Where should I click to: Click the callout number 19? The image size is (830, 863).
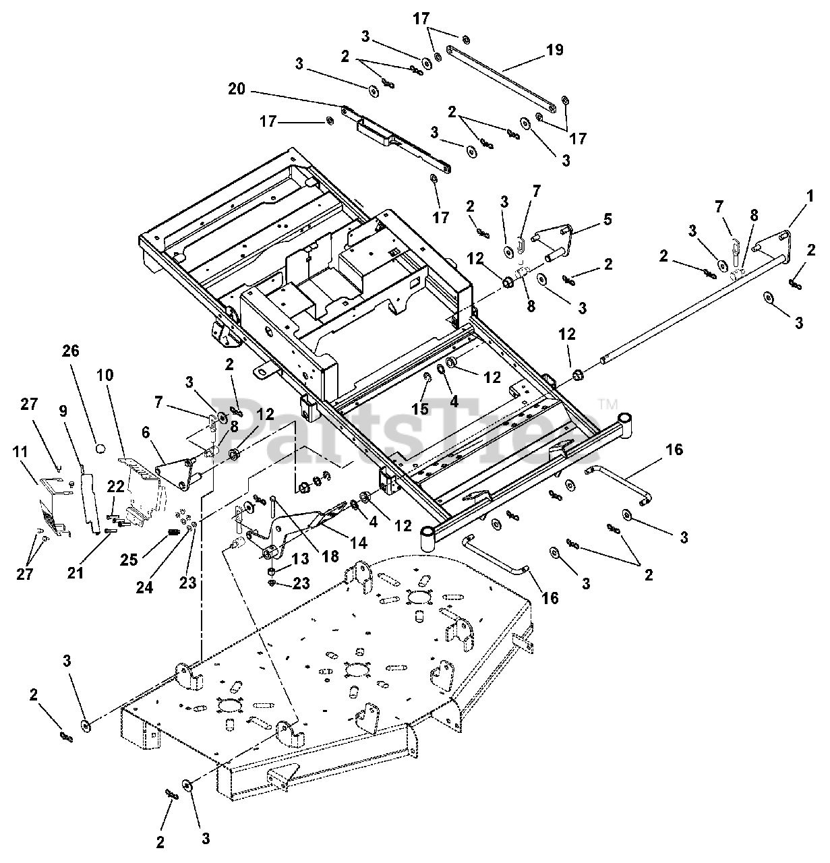point(554,49)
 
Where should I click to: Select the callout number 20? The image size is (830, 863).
point(237,89)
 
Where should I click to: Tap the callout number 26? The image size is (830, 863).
point(71,351)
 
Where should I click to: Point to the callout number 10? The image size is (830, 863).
point(105,375)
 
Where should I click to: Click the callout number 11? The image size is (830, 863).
point(20,452)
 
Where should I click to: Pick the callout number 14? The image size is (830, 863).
point(359,542)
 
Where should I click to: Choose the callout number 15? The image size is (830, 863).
point(420,409)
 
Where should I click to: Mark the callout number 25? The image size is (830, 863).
point(129,560)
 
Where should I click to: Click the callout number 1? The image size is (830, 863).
point(810,196)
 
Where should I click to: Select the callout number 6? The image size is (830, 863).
point(146,432)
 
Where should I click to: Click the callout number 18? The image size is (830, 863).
point(330,556)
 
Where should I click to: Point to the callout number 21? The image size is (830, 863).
point(76,572)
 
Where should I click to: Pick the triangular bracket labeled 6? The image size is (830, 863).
point(175,473)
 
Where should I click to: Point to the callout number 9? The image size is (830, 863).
point(63,411)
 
